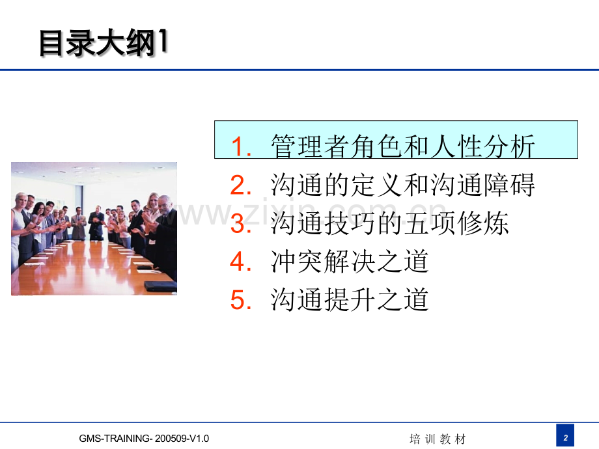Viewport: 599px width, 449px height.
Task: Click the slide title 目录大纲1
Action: point(104,43)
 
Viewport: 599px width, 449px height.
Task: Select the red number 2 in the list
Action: point(241,185)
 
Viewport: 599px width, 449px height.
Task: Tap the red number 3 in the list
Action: point(241,223)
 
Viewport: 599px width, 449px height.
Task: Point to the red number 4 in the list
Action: point(241,262)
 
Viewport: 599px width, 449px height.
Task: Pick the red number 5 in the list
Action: point(241,300)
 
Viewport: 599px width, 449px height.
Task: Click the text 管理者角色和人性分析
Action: point(402,146)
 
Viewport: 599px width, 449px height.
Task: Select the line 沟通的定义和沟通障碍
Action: point(402,185)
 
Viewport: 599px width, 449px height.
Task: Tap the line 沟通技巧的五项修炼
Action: point(389,223)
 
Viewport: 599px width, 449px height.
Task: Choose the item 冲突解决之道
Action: point(350,262)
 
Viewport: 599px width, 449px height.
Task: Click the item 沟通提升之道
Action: point(350,300)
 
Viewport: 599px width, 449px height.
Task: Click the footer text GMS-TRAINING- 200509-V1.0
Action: point(144,439)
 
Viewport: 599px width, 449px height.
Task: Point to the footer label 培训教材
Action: point(438,439)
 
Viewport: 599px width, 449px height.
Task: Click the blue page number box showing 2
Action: point(565,435)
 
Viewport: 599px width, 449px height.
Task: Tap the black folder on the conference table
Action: point(160,286)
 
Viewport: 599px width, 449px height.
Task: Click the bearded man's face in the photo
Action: point(165,205)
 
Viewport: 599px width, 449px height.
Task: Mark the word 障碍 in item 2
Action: point(509,185)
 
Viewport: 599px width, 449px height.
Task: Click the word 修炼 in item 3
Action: point(482,223)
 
